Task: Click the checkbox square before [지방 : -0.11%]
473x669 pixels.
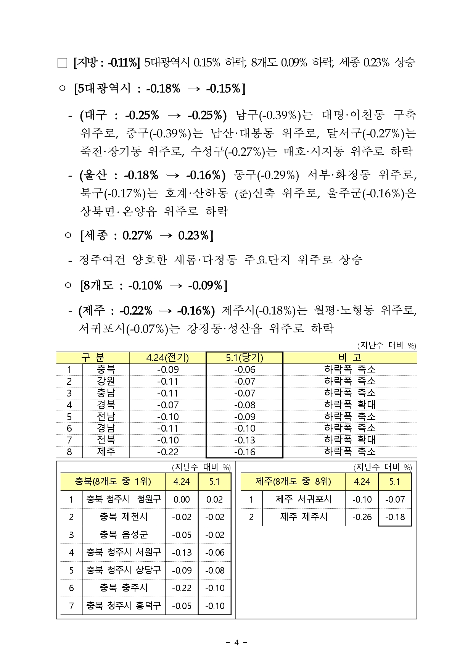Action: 62,63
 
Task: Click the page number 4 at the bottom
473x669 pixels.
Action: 236,642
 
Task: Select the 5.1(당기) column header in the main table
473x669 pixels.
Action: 245,358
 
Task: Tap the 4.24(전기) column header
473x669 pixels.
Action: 167,358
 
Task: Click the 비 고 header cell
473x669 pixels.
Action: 349,358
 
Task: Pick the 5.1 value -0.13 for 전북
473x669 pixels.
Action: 245,440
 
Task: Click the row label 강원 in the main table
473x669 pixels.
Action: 106,381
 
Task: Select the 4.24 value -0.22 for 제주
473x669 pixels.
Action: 168,452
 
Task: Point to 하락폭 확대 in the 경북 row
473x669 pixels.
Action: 349,405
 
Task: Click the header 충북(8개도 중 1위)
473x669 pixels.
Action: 113,482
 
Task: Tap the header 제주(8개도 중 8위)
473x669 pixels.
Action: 293,482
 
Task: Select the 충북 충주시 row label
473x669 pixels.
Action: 124,588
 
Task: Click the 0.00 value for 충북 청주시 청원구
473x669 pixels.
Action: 182,499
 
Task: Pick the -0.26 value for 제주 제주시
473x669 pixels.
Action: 362,517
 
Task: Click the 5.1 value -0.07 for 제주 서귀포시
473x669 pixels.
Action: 394,499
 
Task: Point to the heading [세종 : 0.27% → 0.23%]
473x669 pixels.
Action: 147,235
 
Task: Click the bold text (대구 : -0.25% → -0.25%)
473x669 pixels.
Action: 153,115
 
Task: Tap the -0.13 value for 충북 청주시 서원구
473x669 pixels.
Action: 182,552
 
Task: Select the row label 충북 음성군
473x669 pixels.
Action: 124,535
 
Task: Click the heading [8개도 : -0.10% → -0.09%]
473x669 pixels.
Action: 154,285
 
